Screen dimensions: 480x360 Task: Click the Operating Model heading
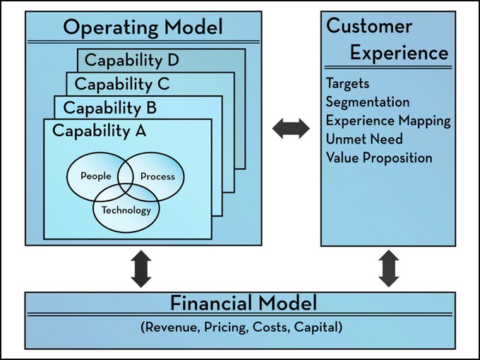pos(143,28)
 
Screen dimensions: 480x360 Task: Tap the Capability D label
pos(132,61)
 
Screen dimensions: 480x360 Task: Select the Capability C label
pos(122,84)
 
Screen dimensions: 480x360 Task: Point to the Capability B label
pos(110,108)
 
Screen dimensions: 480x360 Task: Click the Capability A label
pos(100,131)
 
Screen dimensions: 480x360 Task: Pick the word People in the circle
pos(96,176)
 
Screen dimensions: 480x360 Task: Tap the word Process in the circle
pos(157,176)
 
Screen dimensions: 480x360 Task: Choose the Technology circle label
pos(126,210)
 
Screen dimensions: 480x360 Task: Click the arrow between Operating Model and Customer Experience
pos(291,128)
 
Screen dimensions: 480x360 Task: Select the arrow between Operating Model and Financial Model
pos(141,269)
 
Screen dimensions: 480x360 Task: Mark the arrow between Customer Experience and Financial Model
pos(389,268)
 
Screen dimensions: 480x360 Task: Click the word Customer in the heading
pos(369,26)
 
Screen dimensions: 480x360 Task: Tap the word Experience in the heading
pos(400,53)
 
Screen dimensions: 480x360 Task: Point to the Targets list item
pos(347,83)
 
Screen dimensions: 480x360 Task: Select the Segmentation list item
pos(368,102)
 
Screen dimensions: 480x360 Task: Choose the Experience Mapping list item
pos(388,121)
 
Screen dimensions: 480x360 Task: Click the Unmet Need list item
pos(364,139)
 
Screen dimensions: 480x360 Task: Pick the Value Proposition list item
pos(379,158)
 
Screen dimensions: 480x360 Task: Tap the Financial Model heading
pos(244,303)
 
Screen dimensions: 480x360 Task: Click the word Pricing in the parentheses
pos(226,328)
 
